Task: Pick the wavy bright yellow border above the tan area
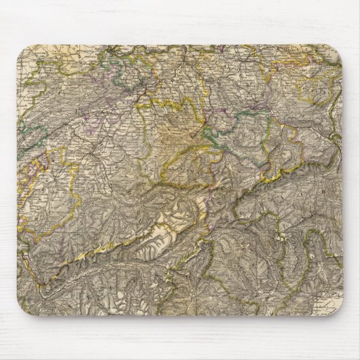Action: click(x=163, y=102)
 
